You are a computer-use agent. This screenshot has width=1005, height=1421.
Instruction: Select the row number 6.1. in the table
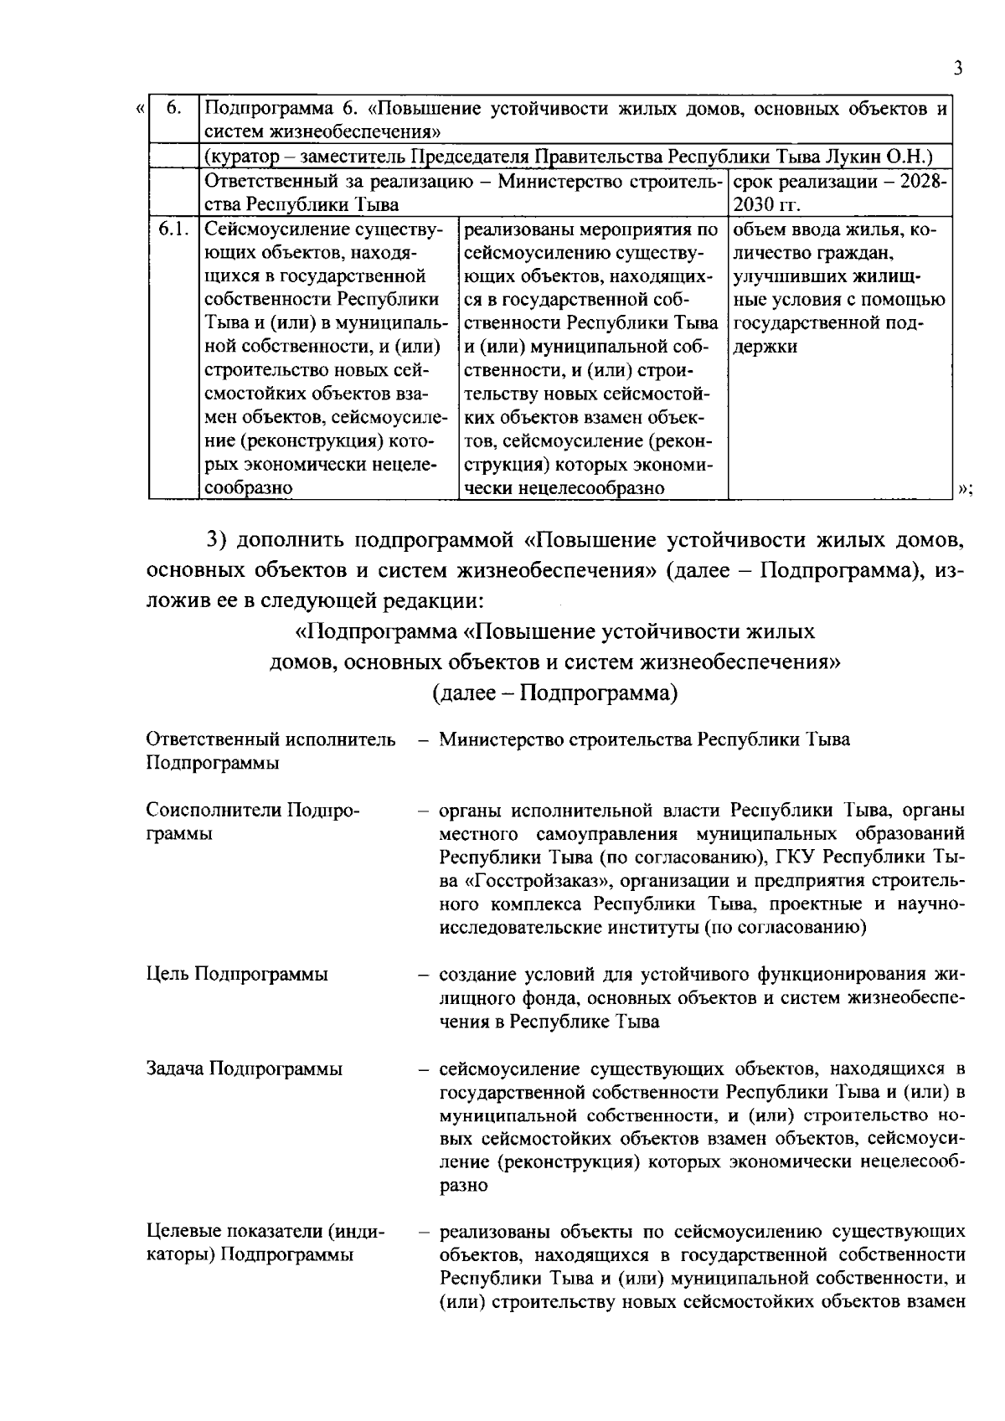pyautogui.click(x=173, y=229)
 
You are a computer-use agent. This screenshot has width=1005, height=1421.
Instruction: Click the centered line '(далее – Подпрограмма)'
pyautogui.click(x=554, y=693)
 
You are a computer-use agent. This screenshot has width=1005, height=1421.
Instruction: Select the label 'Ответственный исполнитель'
pyautogui.click(x=271, y=739)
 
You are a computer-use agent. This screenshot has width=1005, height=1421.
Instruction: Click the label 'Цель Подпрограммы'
pyautogui.click(x=237, y=974)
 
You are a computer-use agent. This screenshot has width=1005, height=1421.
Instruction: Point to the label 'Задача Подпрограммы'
pyautogui.click(x=244, y=1068)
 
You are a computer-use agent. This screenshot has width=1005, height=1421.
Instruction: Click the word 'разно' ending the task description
pyautogui.click(x=463, y=1186)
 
